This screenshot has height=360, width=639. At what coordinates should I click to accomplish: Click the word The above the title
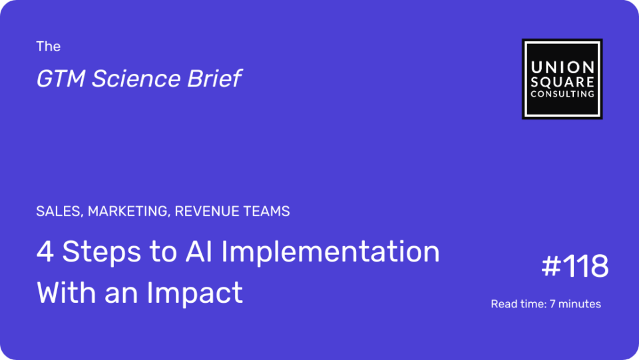(48, 47)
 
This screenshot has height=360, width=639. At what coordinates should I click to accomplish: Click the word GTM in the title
(61, 79)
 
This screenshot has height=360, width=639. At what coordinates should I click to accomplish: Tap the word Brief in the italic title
(214, 79)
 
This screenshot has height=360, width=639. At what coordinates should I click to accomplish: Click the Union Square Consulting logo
(562, 79)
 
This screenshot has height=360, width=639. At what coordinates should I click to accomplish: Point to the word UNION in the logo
(562, 68)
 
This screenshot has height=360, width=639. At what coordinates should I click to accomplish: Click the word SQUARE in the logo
(562, 82)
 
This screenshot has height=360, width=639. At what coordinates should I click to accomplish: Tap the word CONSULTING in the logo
(562, 94)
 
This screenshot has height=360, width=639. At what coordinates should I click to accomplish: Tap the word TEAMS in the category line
(266, 212)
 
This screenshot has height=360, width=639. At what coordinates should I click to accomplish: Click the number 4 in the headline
(45, 252)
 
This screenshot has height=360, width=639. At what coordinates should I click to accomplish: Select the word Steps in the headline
(102, 252)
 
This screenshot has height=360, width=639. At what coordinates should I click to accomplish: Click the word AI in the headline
(198, 252)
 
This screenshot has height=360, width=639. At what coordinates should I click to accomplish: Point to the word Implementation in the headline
(331, 252)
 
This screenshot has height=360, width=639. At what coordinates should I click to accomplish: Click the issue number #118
(575, 266)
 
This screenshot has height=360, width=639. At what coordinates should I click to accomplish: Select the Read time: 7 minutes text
(546, 304)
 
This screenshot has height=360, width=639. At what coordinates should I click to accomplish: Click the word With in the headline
(67, 292)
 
